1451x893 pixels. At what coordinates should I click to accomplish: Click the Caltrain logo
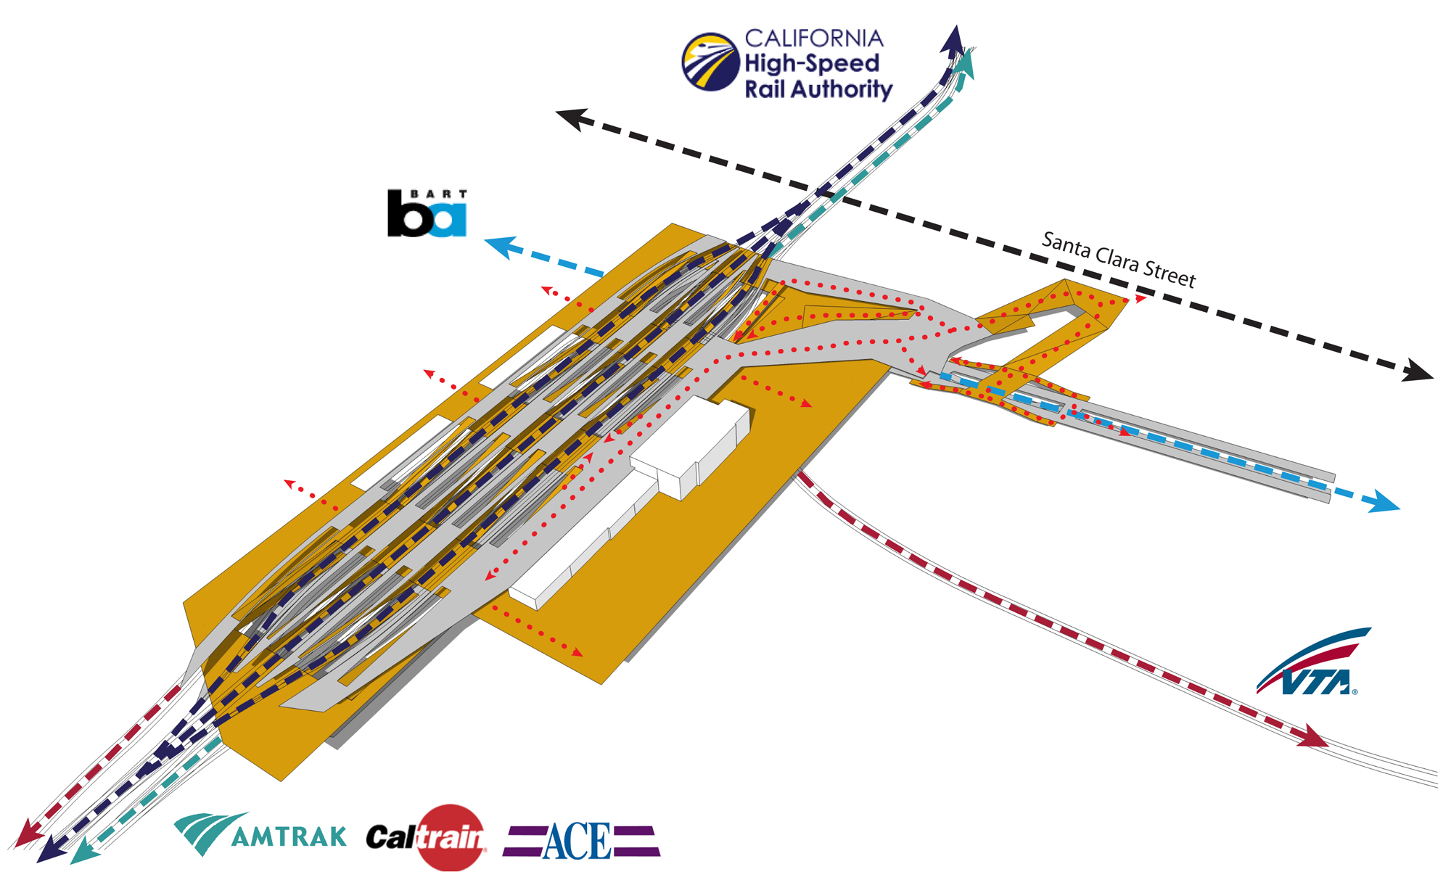tap(427, 838)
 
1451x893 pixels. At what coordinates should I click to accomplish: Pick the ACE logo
tap(580, 841)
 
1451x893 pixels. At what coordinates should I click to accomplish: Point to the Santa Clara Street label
tap(1118, 260)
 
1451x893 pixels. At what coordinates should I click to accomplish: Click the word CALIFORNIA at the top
tap(814, 38)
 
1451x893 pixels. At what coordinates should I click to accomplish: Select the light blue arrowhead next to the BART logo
tap(501, 247)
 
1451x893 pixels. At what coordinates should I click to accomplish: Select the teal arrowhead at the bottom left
tap(86, 850)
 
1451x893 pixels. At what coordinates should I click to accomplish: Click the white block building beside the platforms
tap(689, 446)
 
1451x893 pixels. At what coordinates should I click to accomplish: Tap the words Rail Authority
tap(818, 89)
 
